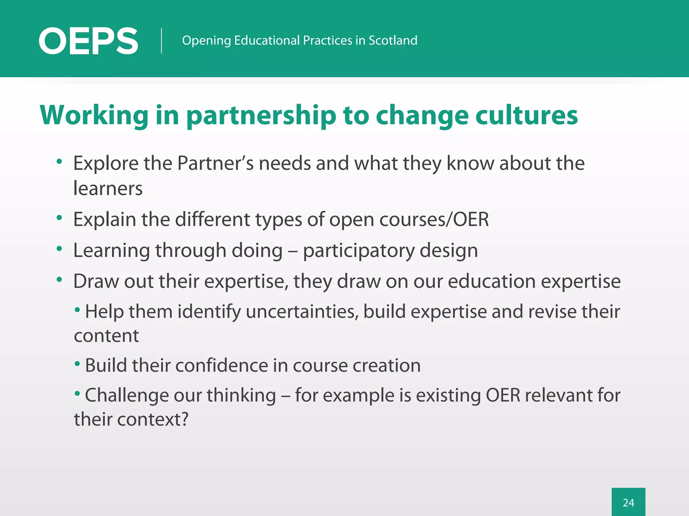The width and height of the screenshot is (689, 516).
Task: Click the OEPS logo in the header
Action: coord(88,41)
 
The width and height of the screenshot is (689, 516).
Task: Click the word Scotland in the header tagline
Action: coord(393,40)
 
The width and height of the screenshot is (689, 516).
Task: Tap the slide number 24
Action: coord(628,503)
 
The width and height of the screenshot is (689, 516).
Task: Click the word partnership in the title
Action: coord(261,116)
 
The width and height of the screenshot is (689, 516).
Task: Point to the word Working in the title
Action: coord(94,116)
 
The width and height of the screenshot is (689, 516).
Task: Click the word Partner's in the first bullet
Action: coord(215,163)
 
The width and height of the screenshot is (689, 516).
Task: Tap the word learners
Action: coord(108,188)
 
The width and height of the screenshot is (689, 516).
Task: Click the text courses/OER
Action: coord(434,220)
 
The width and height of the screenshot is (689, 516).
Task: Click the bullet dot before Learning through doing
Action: coord(60,249)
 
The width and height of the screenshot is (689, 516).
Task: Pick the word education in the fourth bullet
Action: coord(492,281)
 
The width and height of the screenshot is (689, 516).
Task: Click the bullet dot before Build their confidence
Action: coord(77,363)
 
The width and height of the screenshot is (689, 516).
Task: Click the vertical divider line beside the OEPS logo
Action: coord(161,41)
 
